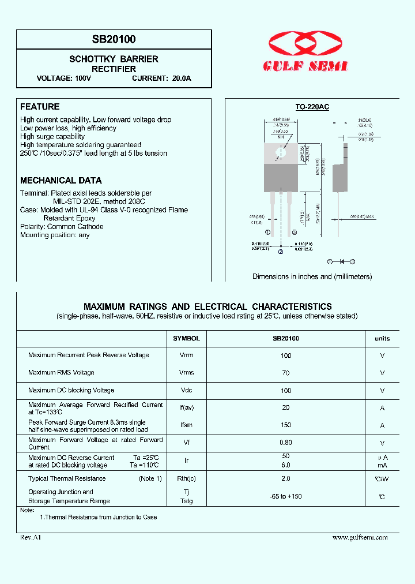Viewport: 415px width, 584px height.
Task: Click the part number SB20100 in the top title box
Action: click(114, 39)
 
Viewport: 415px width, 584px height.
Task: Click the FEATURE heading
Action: click(40, 107)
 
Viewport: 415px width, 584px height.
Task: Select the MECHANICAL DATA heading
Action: click(61, 181)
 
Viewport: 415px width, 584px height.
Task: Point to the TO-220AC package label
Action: click(312, 107)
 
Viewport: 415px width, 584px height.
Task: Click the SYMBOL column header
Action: click(186, 339)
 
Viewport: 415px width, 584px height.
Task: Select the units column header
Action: click(382, 339)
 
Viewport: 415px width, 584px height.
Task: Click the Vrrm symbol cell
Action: click(186, 355)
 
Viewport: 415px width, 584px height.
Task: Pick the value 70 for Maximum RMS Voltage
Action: click(286, 373)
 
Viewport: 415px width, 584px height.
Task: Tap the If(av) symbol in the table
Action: click(186, 408)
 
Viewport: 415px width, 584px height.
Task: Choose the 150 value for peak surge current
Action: click(286, 425)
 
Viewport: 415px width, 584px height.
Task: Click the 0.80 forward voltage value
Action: click(286, 443)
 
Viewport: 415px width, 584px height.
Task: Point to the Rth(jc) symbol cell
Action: click(186, 478)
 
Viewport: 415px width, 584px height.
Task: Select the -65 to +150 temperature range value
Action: click(286, 496)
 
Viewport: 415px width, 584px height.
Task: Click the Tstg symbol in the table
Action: click(186, 501)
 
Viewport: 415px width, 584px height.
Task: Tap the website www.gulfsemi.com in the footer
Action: click(360, 537)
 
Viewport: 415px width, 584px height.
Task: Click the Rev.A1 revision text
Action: click(31, 537)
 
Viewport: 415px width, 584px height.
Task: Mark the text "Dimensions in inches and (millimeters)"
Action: click(312, 276)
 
